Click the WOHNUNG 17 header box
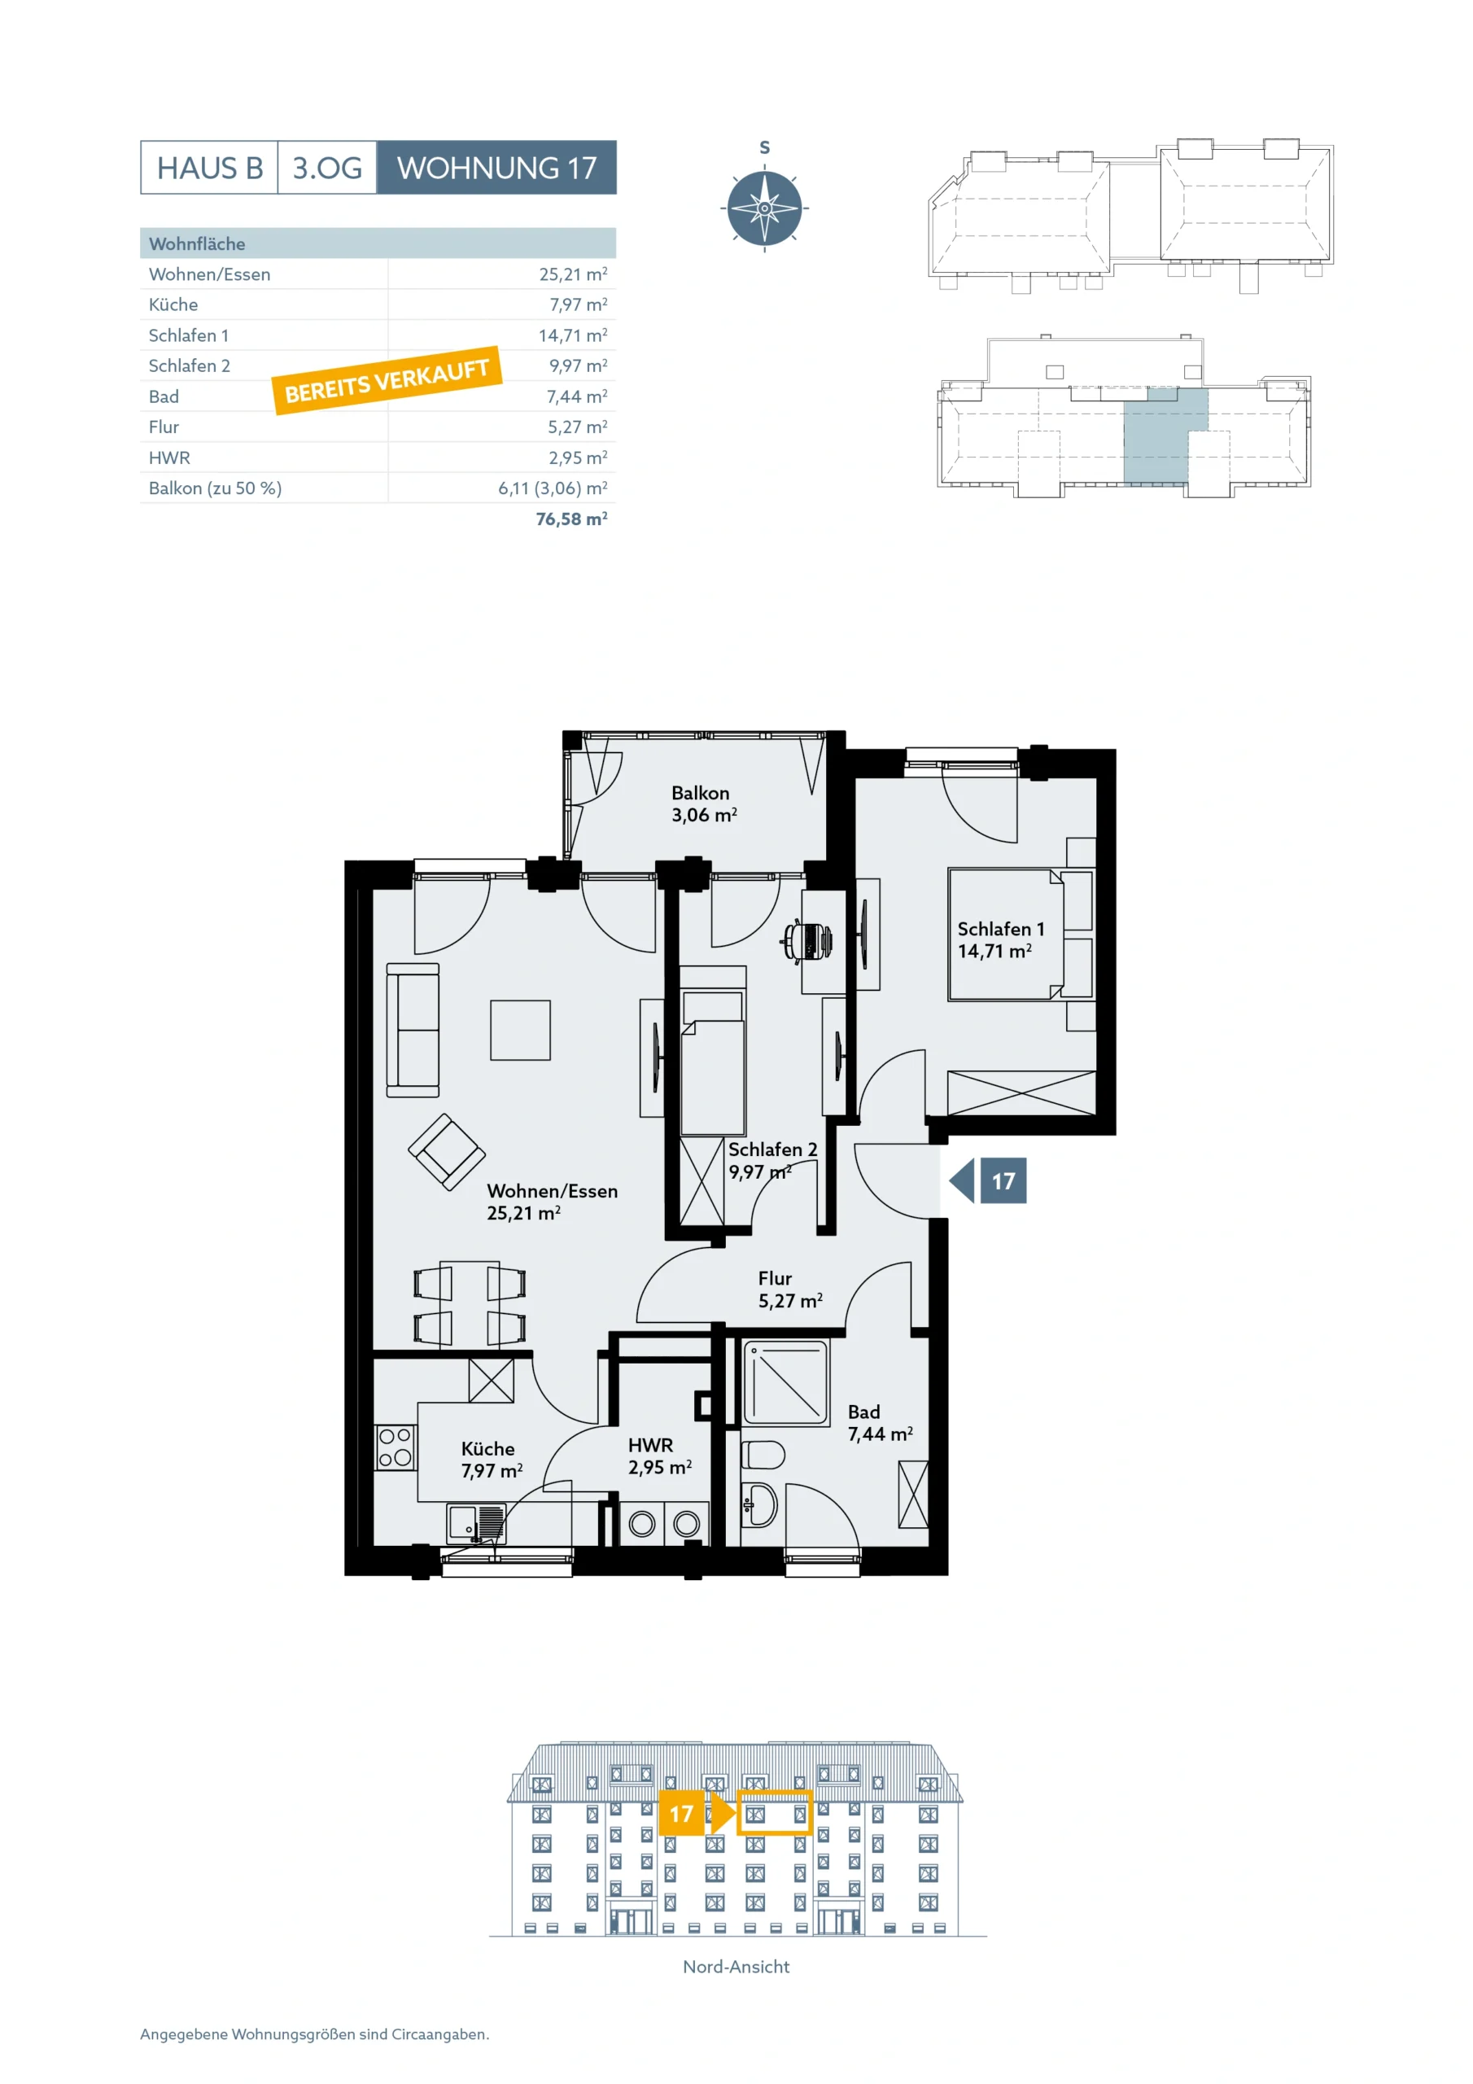(496, 167)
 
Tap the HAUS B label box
(210, 167)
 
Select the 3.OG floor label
(326, 167)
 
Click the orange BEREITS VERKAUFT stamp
(387, 380)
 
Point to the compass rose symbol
(764, 208)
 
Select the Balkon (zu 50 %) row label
(215, 488)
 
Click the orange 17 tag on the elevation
(682, 1814)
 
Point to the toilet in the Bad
(763, 1455)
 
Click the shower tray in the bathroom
(786, 1382)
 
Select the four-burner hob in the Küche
(395, 1447)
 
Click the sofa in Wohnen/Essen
(413, 1031)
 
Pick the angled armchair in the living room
(447, 1152)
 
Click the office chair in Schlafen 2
(806, 940)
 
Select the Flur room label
(775, 1278)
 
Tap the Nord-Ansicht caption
(736, 1966)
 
